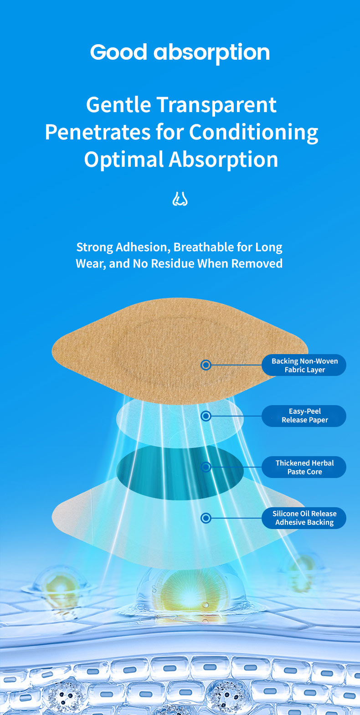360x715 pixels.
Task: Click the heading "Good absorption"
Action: tap(180, 52)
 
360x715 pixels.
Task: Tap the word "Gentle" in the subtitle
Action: tap(118, 105)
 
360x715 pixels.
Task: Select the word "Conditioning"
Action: tap(253, 132)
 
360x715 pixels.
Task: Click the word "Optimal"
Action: tap(123, 159)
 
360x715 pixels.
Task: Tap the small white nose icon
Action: tap(180, 199)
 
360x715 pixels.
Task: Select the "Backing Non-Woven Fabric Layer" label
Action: tap(304, 365)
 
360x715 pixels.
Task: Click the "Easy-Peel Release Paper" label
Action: tap(304, 416)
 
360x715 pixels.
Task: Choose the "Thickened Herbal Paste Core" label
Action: tap(304, 467)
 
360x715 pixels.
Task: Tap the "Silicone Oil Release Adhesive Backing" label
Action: tap(304, 518)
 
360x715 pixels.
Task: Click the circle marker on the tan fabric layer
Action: tap(206, 365)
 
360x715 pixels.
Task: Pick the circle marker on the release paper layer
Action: tap(206, 416)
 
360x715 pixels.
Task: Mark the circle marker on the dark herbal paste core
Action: tap(206, 467)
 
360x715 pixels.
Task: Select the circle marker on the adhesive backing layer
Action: tap(206, 518)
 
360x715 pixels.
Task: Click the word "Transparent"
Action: tap(216, 105)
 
